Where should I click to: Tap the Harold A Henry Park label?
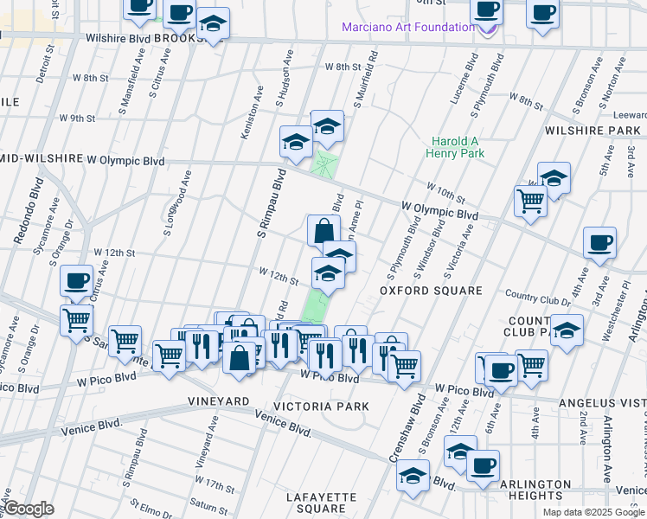tap(455, 147)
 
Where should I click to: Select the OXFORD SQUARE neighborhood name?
tap(431, 291)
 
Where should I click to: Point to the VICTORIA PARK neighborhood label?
tap(321, 406)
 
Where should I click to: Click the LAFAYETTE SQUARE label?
tap(321, 503)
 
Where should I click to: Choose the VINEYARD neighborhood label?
tap(219, 402)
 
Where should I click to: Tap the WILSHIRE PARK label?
tap(593, 131)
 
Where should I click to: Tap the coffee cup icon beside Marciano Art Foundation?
tap(486, 10)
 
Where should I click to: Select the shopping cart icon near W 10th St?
tap(530, 200)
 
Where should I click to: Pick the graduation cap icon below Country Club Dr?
tap(567, 331)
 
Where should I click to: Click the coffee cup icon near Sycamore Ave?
tap(76, 280)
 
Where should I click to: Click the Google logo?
tap(28, 509)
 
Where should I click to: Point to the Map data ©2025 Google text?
tap(593, 512)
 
